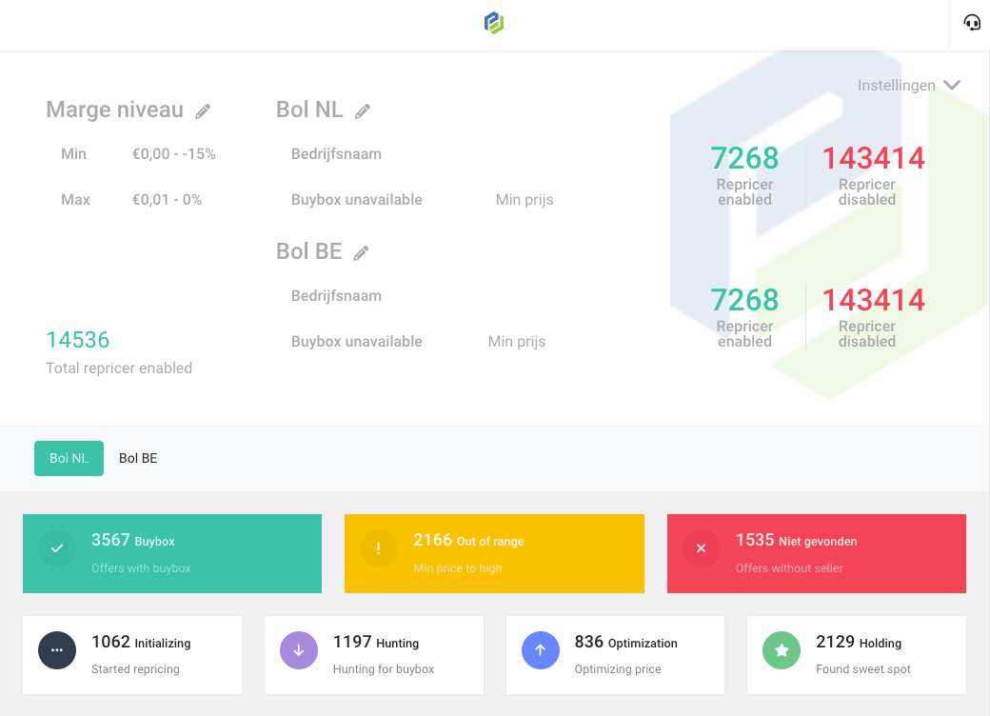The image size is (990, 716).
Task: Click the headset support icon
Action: click(x=971, y=23)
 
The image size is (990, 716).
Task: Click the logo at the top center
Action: click(x=494, y=23)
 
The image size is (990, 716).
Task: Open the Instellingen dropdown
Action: click(x=909, y=86)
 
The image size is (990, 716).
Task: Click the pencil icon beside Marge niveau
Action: click(x=203, y=111)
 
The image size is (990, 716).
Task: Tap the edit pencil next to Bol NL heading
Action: click(x=363, y=111)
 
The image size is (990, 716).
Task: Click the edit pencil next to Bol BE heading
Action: click(x=361, y=253)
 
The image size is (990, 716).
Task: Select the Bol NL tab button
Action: click(x=69, y=458)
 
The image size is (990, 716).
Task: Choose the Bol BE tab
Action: click(x=138, y=458)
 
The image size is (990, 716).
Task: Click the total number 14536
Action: click(x=78, y=340)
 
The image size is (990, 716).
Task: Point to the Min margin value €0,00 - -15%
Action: click(x=174, y=154)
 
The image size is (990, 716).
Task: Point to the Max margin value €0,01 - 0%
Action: click(x=168, y=200)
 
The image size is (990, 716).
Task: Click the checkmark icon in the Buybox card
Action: click(x=57, y=548)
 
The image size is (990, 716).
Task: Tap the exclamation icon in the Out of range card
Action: click(x=379, y=548)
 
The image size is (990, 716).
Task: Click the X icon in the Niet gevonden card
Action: click(x=702, y=548)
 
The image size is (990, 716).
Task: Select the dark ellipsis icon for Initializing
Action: click(x=57, y=650)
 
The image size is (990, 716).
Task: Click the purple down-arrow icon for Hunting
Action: click(x=299, y=650)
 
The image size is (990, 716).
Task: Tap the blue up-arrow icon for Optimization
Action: click(x=541, y=650)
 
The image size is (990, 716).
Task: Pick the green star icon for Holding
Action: click(x=782, y=650)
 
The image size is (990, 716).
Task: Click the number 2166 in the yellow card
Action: click(x=432, y=540)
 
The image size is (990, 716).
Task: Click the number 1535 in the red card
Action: click(x=755, y=540)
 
